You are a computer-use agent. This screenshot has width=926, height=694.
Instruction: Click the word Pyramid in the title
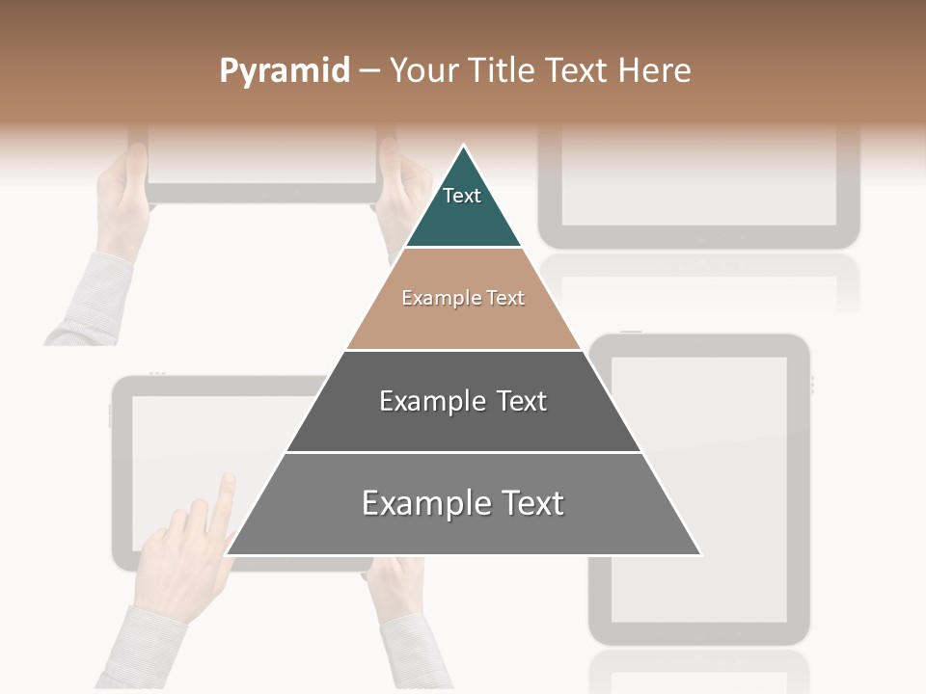click(284, 71)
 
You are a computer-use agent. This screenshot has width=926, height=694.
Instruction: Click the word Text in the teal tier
click(462, 196)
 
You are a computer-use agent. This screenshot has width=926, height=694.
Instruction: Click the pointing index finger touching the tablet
click(225, 492)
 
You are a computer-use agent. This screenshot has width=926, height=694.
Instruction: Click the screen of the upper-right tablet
click(698, 173)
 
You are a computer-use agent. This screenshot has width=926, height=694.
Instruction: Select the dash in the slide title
click(369, 71)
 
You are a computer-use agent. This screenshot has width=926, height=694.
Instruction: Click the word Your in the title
click(424, 71)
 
